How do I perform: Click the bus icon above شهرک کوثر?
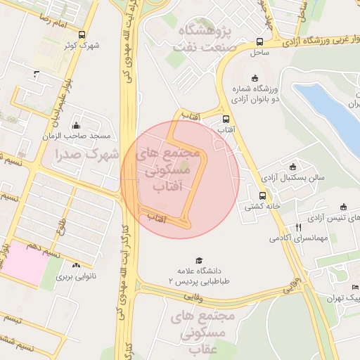click(82, 34)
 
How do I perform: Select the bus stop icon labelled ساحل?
click(261, 41)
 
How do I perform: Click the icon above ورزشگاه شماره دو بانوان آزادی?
click(254, 78)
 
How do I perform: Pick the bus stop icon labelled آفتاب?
click(226, 120)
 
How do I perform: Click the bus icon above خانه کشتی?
click(262, 196)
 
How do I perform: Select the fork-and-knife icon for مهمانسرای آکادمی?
click(299, 227)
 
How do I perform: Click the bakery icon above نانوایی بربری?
click(75, 265)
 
